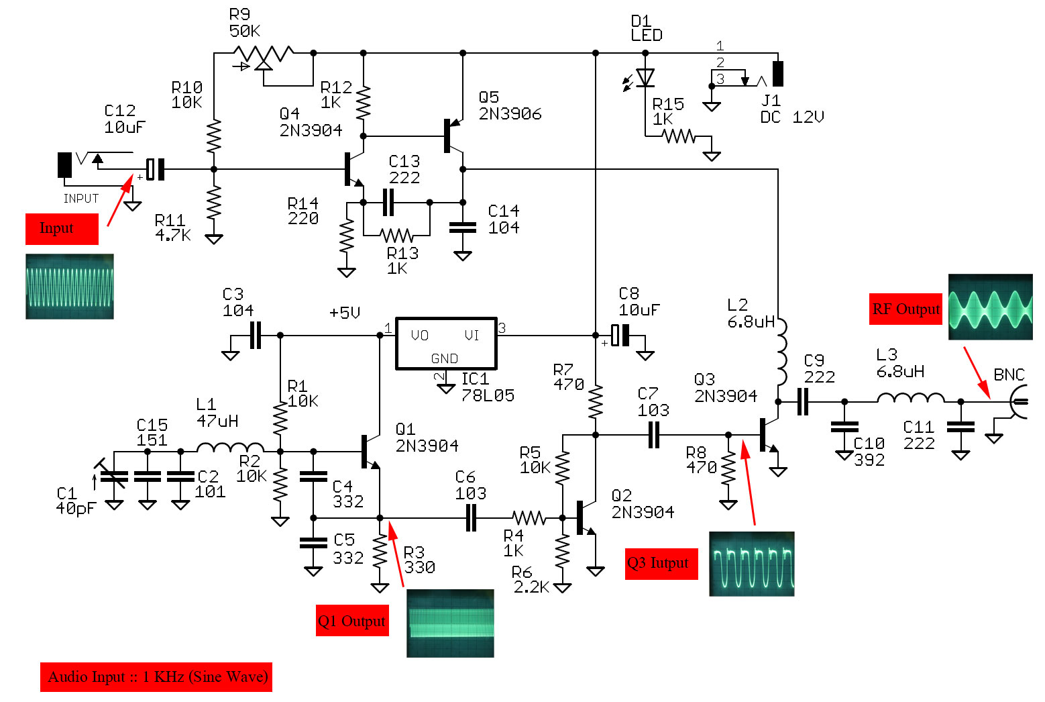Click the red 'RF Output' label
(x=905, y=309)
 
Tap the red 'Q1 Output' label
(x=352, y=621)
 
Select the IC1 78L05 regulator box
(x=446, y=344)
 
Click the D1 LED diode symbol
(x=645, y=79)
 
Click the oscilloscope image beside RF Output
(x=990, y=307)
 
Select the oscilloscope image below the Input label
(x=70, y=287)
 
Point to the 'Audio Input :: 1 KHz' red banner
(x=156, y=676)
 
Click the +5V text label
(x=345, y=313)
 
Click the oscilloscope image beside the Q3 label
(x=751, y=564)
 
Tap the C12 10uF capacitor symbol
(x=155, y=169)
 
